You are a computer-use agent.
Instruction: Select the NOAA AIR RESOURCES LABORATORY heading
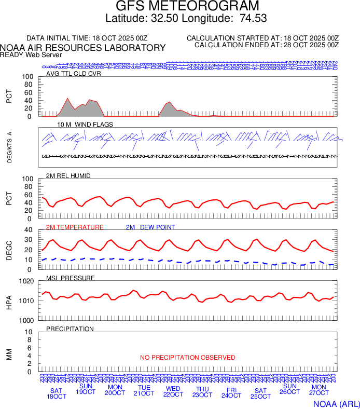(83, 48)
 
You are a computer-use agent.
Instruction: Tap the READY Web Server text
(31, 54)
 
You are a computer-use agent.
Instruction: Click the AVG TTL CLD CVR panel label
(73, 73)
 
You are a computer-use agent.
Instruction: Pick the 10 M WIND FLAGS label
(85, 125)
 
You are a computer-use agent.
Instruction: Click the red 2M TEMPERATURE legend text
(75, 227)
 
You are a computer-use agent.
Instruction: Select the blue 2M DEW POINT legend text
(150, 227)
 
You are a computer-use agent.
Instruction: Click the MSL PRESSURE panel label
(71, 278)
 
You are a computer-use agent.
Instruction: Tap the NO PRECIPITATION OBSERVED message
(187, 358)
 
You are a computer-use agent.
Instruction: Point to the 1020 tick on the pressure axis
(26, 281)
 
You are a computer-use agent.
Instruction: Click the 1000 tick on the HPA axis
(26, 320)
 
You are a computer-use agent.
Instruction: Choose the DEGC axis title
(9, 250)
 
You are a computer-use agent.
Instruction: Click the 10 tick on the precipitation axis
(30, 332)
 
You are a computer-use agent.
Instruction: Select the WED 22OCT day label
(173, 391)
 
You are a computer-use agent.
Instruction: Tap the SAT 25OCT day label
(261, 393)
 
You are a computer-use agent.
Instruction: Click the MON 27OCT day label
(319, 390)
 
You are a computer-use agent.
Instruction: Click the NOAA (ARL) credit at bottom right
(336, 403)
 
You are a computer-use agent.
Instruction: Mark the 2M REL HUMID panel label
(68, 176)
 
